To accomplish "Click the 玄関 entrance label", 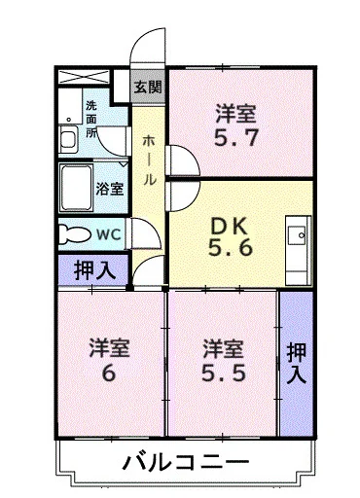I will tap(149, 87).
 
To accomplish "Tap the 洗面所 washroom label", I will tap(91, 118).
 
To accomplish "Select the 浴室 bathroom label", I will tap(109, 189).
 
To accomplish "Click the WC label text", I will tap(107, 233).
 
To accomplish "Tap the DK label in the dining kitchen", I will tap(232, 225).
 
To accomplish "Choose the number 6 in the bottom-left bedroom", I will tap(110, 372).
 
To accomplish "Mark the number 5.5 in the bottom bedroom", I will tap(223, 372).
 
